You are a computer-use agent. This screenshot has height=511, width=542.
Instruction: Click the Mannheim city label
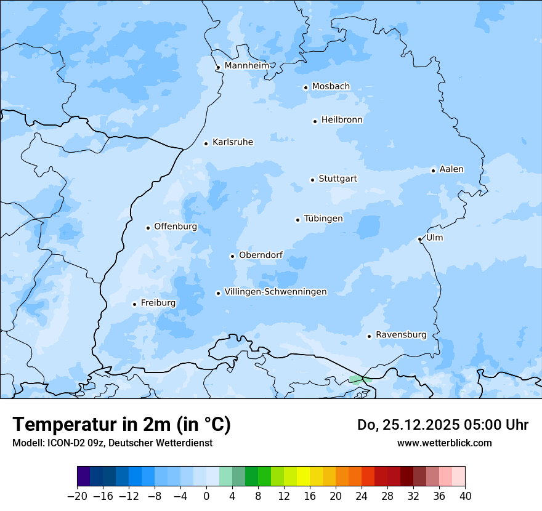[246, 66]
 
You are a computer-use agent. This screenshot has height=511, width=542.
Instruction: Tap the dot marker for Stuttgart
[312, 180]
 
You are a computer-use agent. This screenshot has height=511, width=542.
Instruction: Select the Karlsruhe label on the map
[232, 142]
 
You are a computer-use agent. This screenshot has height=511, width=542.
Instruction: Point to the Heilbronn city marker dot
[315, 121]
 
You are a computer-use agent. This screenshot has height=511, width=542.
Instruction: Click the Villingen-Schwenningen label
[275, 292]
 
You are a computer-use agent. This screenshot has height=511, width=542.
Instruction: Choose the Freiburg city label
[158, 303]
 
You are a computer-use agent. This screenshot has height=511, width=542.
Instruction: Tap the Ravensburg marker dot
[369, 336]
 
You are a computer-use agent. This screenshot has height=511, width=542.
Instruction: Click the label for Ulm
[434, 238]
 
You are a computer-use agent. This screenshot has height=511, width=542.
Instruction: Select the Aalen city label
[451, 169]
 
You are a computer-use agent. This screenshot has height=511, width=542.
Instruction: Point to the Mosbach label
[330, 87]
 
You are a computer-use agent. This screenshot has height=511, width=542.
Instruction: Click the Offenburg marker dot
[148, 228]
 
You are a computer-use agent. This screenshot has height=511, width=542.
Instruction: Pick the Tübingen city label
[323, 219]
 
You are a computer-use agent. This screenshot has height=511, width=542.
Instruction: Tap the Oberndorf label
[261, 255]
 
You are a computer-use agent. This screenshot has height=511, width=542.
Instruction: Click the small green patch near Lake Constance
[357, 380]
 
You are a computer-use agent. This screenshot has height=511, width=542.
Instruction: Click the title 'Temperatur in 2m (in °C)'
[121, 424]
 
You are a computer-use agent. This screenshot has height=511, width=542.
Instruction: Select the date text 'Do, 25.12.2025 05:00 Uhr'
[442, 425]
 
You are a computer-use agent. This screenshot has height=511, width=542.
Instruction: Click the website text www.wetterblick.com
[444, 443]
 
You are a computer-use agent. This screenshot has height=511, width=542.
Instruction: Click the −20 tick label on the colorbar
[77, 496]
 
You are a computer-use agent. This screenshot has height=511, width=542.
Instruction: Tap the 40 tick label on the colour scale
[465, 496]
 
